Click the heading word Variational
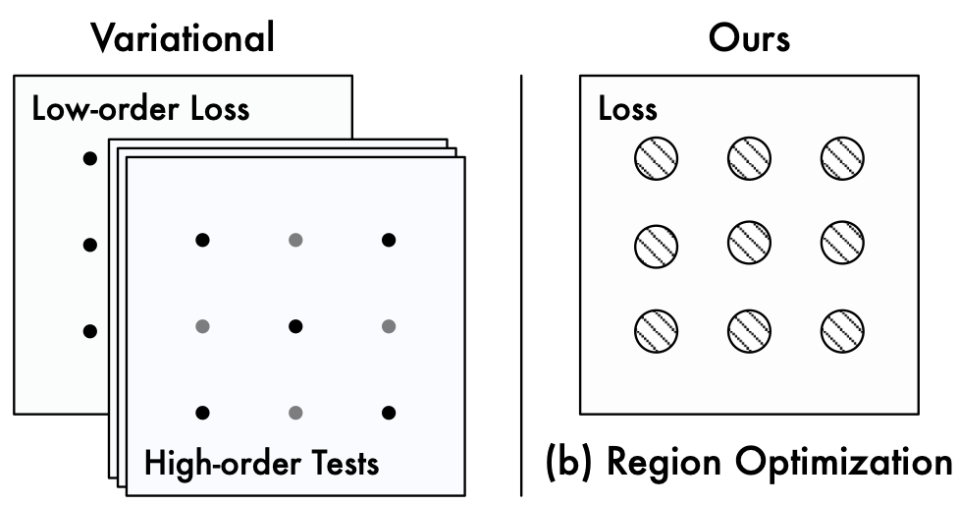183,38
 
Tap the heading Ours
749,38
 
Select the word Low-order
105,109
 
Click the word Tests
346,463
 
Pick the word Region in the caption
665,464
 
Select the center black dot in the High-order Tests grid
295,326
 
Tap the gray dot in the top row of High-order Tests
295,241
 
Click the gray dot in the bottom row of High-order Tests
295,413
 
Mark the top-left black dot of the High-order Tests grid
202,241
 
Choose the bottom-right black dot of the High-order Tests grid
389,413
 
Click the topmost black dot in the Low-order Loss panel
90,159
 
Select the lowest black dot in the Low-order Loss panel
90,331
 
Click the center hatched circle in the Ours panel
749,244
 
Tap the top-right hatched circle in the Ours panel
842,158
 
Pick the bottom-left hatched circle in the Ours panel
657,331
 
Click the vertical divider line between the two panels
522,286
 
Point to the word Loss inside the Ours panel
627,109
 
